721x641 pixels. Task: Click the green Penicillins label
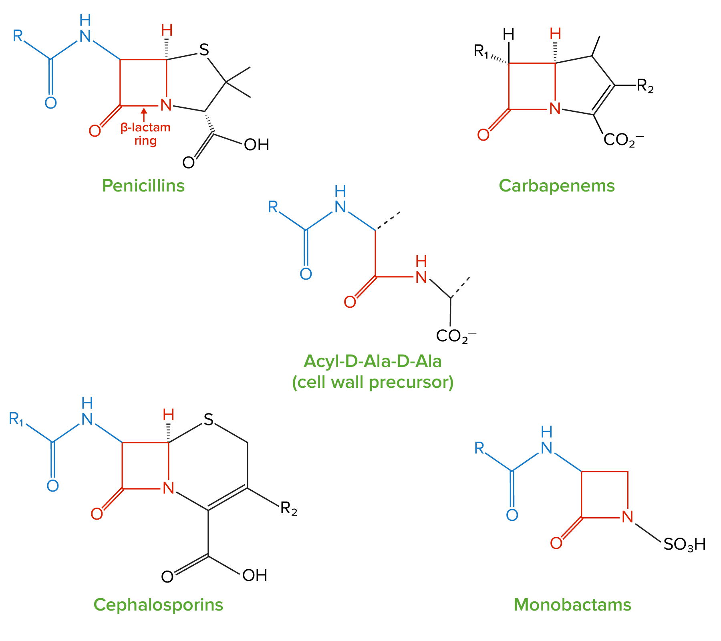click(143, 186)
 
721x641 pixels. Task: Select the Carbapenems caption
click(556, 186)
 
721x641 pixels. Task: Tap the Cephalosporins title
click(158, 605)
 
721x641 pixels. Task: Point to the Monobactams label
click(572, 605)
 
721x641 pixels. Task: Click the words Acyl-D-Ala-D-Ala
click(373, 361)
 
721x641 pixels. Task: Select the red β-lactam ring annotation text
click(145, 134)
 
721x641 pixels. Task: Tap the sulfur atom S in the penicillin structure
click(204, 50)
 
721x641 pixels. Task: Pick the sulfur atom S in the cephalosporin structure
click(208, 420)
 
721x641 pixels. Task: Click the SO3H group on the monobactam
click(684, 544)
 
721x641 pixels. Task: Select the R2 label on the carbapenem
click(645, 86)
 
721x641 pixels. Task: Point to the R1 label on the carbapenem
click(481, 52)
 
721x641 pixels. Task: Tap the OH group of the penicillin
click(256, 145)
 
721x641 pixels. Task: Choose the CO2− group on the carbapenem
click(623, 140)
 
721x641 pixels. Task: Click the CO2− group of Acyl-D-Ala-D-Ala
click(456, 337)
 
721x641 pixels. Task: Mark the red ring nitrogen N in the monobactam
click(627, 517)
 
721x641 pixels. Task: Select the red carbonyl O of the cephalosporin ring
click(97, 514)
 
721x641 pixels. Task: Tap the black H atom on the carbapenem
click(508, 35)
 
